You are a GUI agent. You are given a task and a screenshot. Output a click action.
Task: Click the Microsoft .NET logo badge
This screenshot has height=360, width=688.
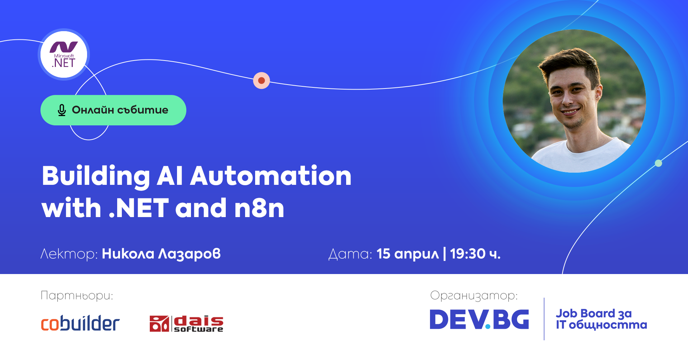[x=64, y=54]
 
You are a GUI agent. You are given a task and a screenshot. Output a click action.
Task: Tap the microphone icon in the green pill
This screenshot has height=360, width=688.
[x=62, y=110]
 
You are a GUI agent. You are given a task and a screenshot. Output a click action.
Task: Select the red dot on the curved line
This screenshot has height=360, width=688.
[x=262, y=80]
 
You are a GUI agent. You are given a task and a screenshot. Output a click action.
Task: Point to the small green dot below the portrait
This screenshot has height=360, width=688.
[x=658, y=163]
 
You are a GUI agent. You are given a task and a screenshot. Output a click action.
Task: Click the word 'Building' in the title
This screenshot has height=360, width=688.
[x=96, y=176]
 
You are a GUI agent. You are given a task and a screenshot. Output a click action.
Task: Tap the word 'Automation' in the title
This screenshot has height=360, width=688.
[x=271, y=176]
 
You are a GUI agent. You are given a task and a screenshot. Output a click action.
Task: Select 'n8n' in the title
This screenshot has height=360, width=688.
[x=259, y=208]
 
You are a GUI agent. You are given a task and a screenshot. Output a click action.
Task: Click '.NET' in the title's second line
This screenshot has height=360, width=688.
[x=139, y=208]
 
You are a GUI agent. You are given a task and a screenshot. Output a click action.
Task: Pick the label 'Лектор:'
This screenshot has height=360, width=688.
[x=69, y=254]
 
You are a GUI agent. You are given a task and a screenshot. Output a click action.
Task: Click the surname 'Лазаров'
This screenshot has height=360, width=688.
[x=190, y=254]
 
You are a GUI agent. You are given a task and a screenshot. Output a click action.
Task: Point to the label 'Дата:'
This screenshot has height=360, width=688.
[x=350, y=254]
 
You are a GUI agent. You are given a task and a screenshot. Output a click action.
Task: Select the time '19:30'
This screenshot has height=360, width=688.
[x=468, y=254]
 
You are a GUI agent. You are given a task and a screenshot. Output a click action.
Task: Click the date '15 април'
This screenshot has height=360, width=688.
[x=408, y=254]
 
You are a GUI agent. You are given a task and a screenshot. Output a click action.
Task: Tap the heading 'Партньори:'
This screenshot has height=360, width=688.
[x=77, y=296]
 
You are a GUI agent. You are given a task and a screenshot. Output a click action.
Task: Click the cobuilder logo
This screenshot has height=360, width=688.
[x=80, y=323]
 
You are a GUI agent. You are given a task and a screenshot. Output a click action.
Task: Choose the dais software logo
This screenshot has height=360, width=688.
[x=186, y=323]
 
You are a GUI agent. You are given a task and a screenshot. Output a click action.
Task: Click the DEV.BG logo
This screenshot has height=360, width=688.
[x=479, y=320]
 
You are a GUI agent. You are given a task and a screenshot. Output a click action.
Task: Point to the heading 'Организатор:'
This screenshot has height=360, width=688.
[x=474, y=296]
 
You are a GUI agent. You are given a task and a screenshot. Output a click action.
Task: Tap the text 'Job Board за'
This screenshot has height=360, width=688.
[x=594, y=313]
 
